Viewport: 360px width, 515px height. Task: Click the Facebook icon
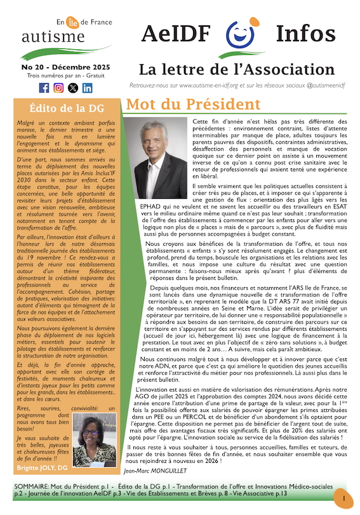point(44,88)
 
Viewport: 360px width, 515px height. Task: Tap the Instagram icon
point(58,88)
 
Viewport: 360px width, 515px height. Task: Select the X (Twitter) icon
point(73,88)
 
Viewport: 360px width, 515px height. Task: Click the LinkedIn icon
point(88,88)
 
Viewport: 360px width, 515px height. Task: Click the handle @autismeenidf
point(321,85)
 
